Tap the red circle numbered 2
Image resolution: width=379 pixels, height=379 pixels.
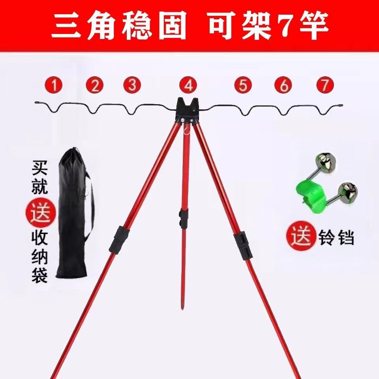click(95, 85)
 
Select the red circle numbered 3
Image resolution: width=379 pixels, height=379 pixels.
click(132, 85)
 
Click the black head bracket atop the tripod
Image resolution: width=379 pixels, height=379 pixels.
click(188, 111)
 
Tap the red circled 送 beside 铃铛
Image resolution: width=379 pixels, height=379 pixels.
click(301, 237)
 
